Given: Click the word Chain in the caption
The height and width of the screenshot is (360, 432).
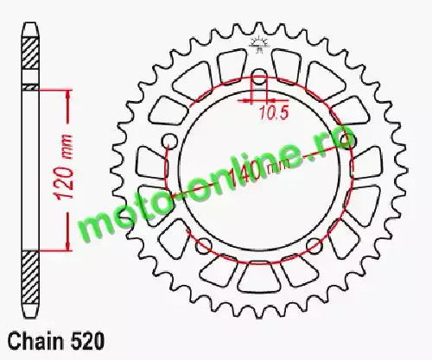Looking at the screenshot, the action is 35,342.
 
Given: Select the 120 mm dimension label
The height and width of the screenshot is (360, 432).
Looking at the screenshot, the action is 64,167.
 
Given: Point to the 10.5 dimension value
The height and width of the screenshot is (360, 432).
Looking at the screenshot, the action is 274,113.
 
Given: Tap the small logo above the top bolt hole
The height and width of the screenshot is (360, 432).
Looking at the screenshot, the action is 259,45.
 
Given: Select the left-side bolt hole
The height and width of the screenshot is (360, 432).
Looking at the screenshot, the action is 169,142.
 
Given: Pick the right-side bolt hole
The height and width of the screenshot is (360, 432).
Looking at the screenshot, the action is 349,141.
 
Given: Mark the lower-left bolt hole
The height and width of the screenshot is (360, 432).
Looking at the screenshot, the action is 204,246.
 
